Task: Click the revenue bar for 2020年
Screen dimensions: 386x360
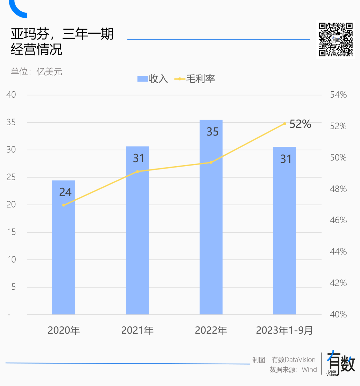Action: point(64,253)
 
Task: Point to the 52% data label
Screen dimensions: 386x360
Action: point(300,124)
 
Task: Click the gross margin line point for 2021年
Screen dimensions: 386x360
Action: point(137,172)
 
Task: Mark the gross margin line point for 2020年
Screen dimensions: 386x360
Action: point(64,205)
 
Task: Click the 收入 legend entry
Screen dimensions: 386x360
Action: point(153,79)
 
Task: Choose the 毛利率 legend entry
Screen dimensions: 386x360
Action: point(195,79)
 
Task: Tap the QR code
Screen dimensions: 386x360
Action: point(335,39)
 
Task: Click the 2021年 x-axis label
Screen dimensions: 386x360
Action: point(137,330)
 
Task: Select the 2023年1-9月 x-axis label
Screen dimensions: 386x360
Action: point(284,330)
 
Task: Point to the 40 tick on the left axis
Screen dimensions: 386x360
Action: point(11,95)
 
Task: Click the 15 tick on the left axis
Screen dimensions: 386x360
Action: point(12,232)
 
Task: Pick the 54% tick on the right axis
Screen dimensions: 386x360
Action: point(338,95)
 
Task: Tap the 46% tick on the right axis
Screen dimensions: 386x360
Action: point(338,220)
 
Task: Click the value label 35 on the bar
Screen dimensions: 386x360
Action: point(212,132)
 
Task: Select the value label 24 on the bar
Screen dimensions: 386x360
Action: point(65,192)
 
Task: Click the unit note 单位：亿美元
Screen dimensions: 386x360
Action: point(36,72)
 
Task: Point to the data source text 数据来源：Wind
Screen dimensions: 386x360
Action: point(293,370)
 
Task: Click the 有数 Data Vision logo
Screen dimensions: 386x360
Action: point(340,363)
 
